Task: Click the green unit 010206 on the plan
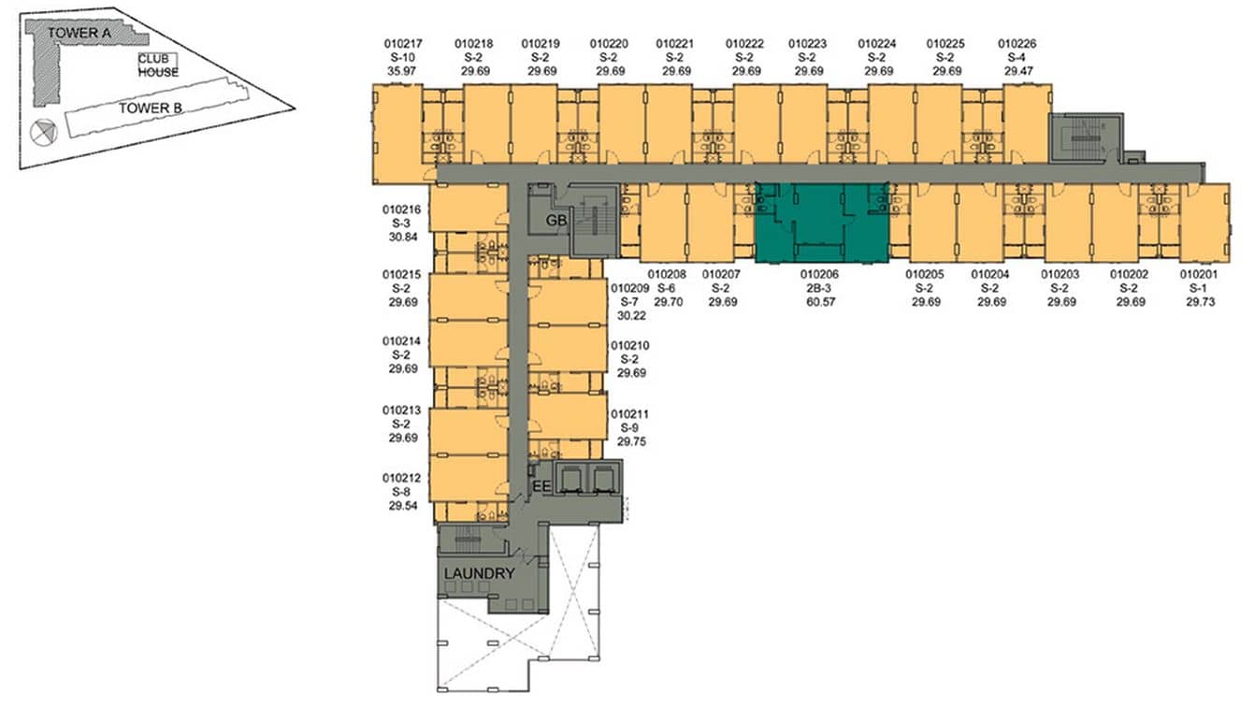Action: click(821, 224)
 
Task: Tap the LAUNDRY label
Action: click(479, 573)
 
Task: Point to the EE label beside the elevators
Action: click(541, 486)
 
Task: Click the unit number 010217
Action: click(403, 44)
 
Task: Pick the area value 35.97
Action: click(403, 70)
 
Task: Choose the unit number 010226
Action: click(1017, 44)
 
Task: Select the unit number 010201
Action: click(1199, 275)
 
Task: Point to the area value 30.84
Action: click(400, 238)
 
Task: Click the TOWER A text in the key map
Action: click(73, 33)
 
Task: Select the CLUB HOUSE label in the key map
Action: click(158, 65)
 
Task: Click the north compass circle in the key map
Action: click(42, 133)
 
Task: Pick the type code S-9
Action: click(628, 427)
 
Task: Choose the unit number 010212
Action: click(401, 478)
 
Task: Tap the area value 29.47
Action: click(1017, 70)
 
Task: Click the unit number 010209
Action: click(629, 289)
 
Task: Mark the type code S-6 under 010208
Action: click(667, 289)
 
